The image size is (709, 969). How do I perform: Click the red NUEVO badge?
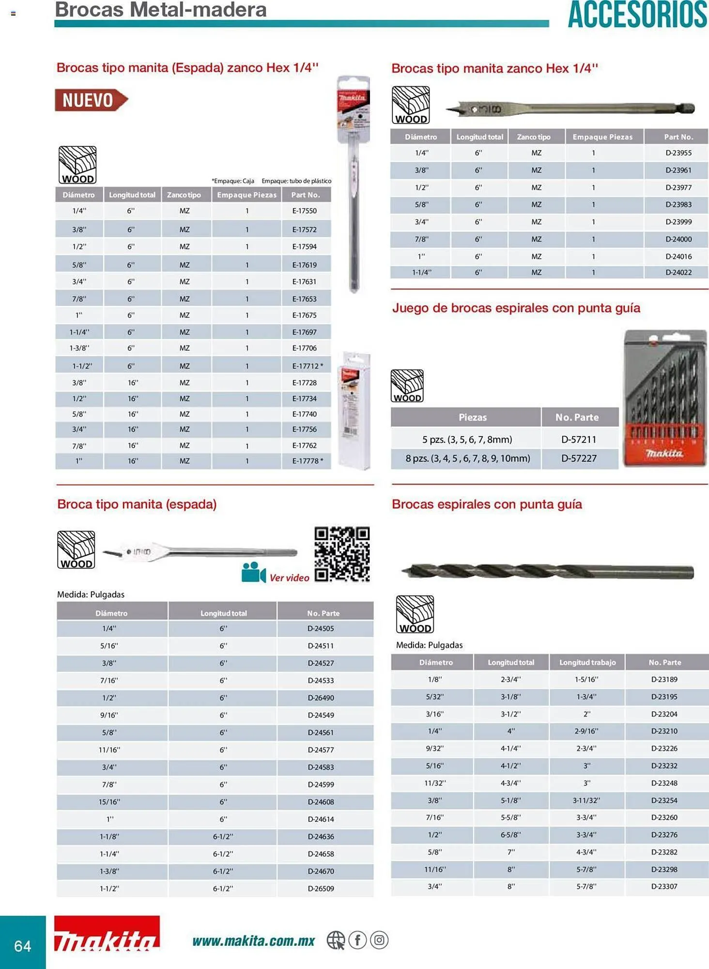point(90,100)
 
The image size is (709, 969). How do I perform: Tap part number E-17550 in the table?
point(304,211)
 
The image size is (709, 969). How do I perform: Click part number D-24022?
point(678,272)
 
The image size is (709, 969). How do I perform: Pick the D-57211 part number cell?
point(578,439)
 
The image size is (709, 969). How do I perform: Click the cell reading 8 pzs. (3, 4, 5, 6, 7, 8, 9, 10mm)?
point(467,458)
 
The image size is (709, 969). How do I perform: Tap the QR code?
point(342,554)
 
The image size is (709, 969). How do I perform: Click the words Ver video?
point(289,578)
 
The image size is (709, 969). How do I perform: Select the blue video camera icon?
point(253,573)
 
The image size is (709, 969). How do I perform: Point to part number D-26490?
point(321,698)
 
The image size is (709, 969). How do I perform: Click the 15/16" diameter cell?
point(109,802)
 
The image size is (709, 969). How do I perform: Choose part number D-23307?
point(664,886)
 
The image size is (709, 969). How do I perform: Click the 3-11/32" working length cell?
point(586,800)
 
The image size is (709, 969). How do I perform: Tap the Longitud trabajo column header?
point(587,662)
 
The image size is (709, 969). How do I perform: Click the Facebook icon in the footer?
point(357,940)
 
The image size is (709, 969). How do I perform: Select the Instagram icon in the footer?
point(379,940)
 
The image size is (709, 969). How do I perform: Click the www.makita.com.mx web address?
point(253,941)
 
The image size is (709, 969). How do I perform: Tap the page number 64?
point(23,946)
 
